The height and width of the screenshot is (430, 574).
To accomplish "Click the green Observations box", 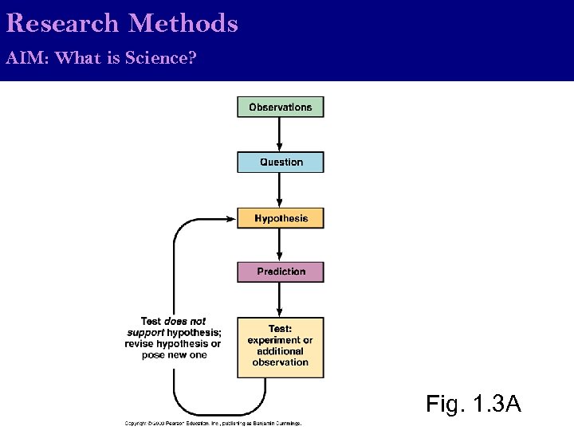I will tap(280, 107).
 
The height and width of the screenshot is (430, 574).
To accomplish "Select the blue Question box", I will tap(280, 162).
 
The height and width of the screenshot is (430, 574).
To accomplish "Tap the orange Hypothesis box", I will tap(280, 218).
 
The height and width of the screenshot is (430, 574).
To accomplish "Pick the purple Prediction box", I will tap(280, 272).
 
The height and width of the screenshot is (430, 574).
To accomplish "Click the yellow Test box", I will tap(280, 347).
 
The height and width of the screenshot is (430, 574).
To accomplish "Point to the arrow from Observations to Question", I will tap(280, 135).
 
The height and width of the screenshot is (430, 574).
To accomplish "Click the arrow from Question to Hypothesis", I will tap(280, 190).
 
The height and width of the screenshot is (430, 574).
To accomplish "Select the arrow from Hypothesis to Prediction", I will tap(280, 245).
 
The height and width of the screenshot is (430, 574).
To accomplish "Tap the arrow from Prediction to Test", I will tap(280, 299).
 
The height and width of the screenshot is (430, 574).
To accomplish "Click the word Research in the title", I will tap(62, 23).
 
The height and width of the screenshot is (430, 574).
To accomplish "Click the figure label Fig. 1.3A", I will tap(474, 404).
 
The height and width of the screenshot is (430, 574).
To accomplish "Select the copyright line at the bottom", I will tap(213, 424).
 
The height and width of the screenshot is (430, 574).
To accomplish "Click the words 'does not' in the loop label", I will tap(185, 322).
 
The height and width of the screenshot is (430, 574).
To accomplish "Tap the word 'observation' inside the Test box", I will tap(280, 362).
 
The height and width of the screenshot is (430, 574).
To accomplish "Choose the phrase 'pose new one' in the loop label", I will tap(174, 355).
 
